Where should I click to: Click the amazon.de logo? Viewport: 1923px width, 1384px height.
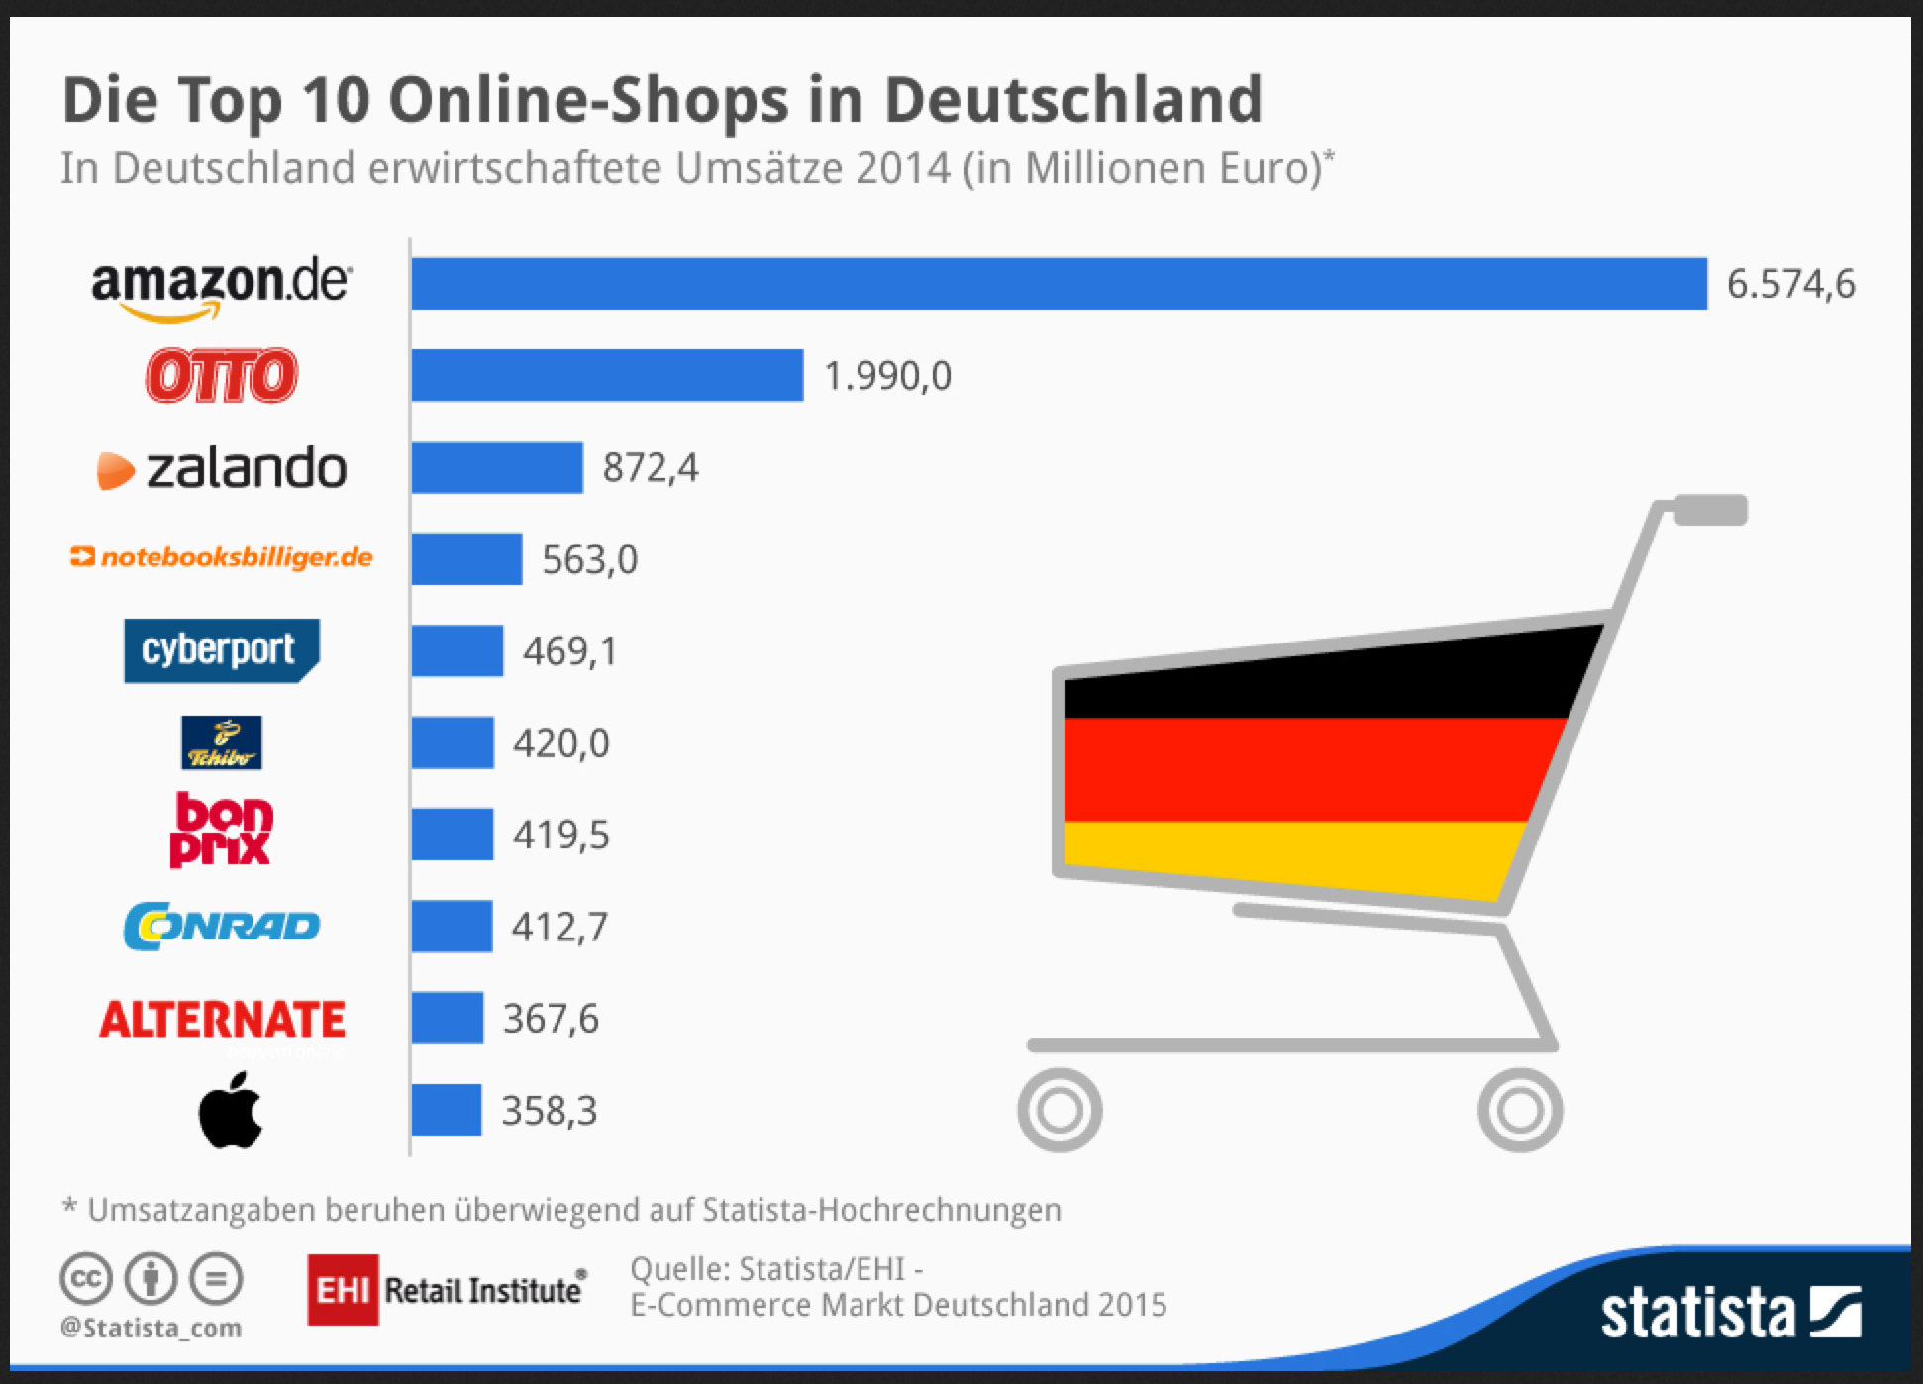pos(221,287)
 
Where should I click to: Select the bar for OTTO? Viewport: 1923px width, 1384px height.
pos(607,375)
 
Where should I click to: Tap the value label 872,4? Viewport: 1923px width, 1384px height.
pos(651,467)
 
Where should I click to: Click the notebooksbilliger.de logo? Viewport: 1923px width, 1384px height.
pos(222,557)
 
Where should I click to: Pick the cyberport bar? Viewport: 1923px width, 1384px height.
pos(457,650)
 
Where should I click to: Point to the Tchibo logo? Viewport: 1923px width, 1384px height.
pos(222,742)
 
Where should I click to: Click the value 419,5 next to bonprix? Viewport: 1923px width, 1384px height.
pos(560,835)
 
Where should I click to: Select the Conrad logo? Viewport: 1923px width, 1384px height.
pos(222,926)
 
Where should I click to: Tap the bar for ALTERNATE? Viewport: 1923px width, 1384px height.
pos(448,1018)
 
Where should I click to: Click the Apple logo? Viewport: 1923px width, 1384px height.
pos(231,1111)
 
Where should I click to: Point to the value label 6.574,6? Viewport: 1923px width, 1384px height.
pos(1790,284)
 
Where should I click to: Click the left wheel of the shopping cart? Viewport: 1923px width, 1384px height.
pos(1060,1110)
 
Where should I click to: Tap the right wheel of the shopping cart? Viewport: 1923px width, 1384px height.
pos(1520,1110)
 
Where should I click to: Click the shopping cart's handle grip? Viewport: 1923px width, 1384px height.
pos(1710,510)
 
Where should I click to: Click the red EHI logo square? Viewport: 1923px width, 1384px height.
pos(343,1289)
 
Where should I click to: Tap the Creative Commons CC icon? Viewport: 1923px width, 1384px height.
pos(86,1278)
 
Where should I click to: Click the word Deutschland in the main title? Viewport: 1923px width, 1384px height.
pos(1072,100)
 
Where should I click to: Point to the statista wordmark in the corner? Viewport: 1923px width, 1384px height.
pos(1697,1313)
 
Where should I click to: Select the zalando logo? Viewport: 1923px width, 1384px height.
pos(223,467)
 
